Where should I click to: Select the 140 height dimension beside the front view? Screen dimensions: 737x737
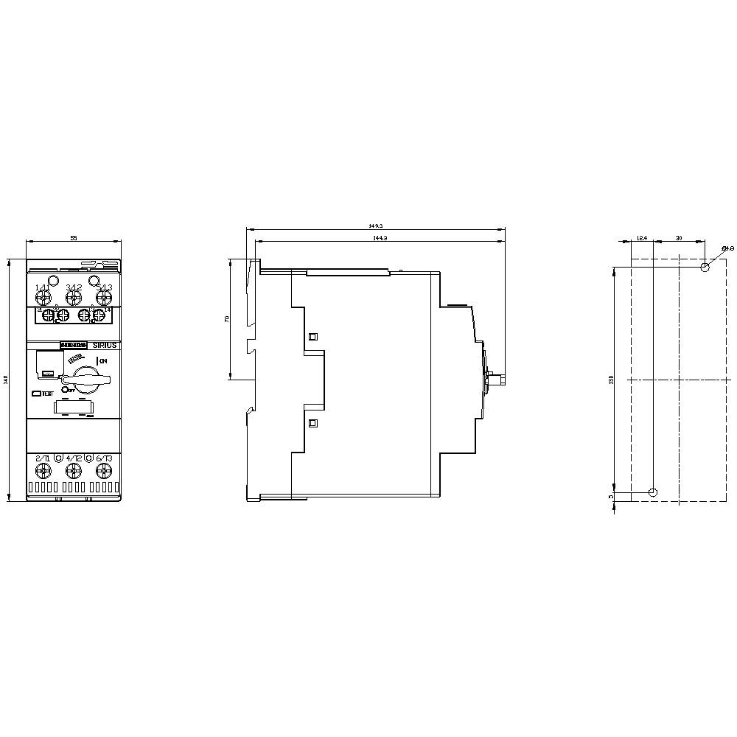6,380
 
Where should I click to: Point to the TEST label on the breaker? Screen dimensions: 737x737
47,394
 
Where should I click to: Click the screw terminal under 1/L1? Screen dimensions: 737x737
43,297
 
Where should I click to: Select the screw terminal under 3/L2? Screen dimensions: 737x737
73,297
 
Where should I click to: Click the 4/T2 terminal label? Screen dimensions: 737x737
73,458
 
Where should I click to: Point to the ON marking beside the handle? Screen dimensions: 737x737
102,360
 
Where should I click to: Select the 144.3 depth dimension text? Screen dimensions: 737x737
379,239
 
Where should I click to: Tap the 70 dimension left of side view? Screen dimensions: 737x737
228,318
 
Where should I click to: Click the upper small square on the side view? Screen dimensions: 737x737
312,336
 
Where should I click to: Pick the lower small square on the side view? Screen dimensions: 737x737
312,423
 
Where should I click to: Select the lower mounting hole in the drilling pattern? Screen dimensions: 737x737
653,492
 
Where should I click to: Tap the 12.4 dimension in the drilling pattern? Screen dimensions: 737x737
641,238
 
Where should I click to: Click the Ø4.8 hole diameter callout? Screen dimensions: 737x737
725,248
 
